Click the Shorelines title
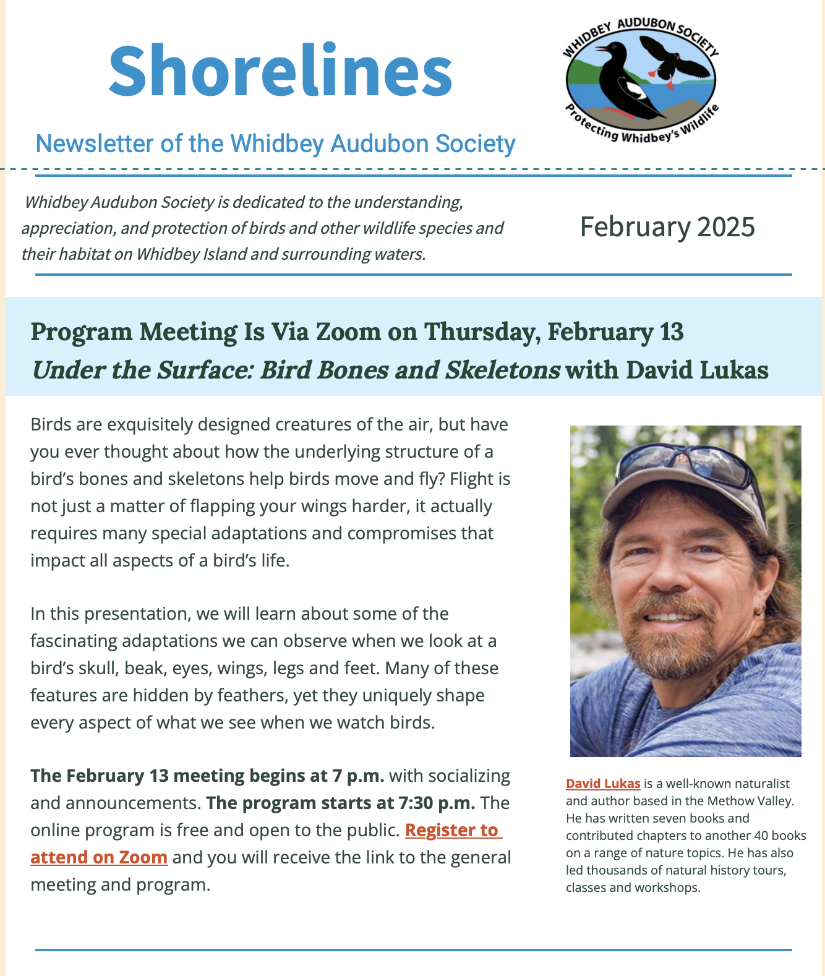(x=280, y=72)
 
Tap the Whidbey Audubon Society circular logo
(x=641, y=79)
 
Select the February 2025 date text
(x=667, y=227)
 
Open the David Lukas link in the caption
(x=603, y=784)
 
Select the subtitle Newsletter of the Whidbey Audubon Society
(x=275, y=143)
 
